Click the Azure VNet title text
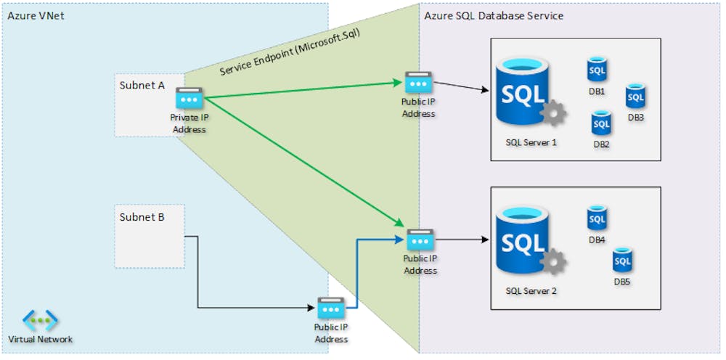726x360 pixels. (36, 16)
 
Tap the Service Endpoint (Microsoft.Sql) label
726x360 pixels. (290, 52)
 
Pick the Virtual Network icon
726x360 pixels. (40, 320)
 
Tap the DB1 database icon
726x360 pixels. (597, 70)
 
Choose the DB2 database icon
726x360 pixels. (601, 123)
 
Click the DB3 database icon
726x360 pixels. (635, 96)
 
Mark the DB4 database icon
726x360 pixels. (597, 218)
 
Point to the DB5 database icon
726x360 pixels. (621, 259)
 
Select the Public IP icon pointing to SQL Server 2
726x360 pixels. (420, 240)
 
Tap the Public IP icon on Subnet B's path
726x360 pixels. (330, 308)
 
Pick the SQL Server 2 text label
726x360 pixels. (531, 291)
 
